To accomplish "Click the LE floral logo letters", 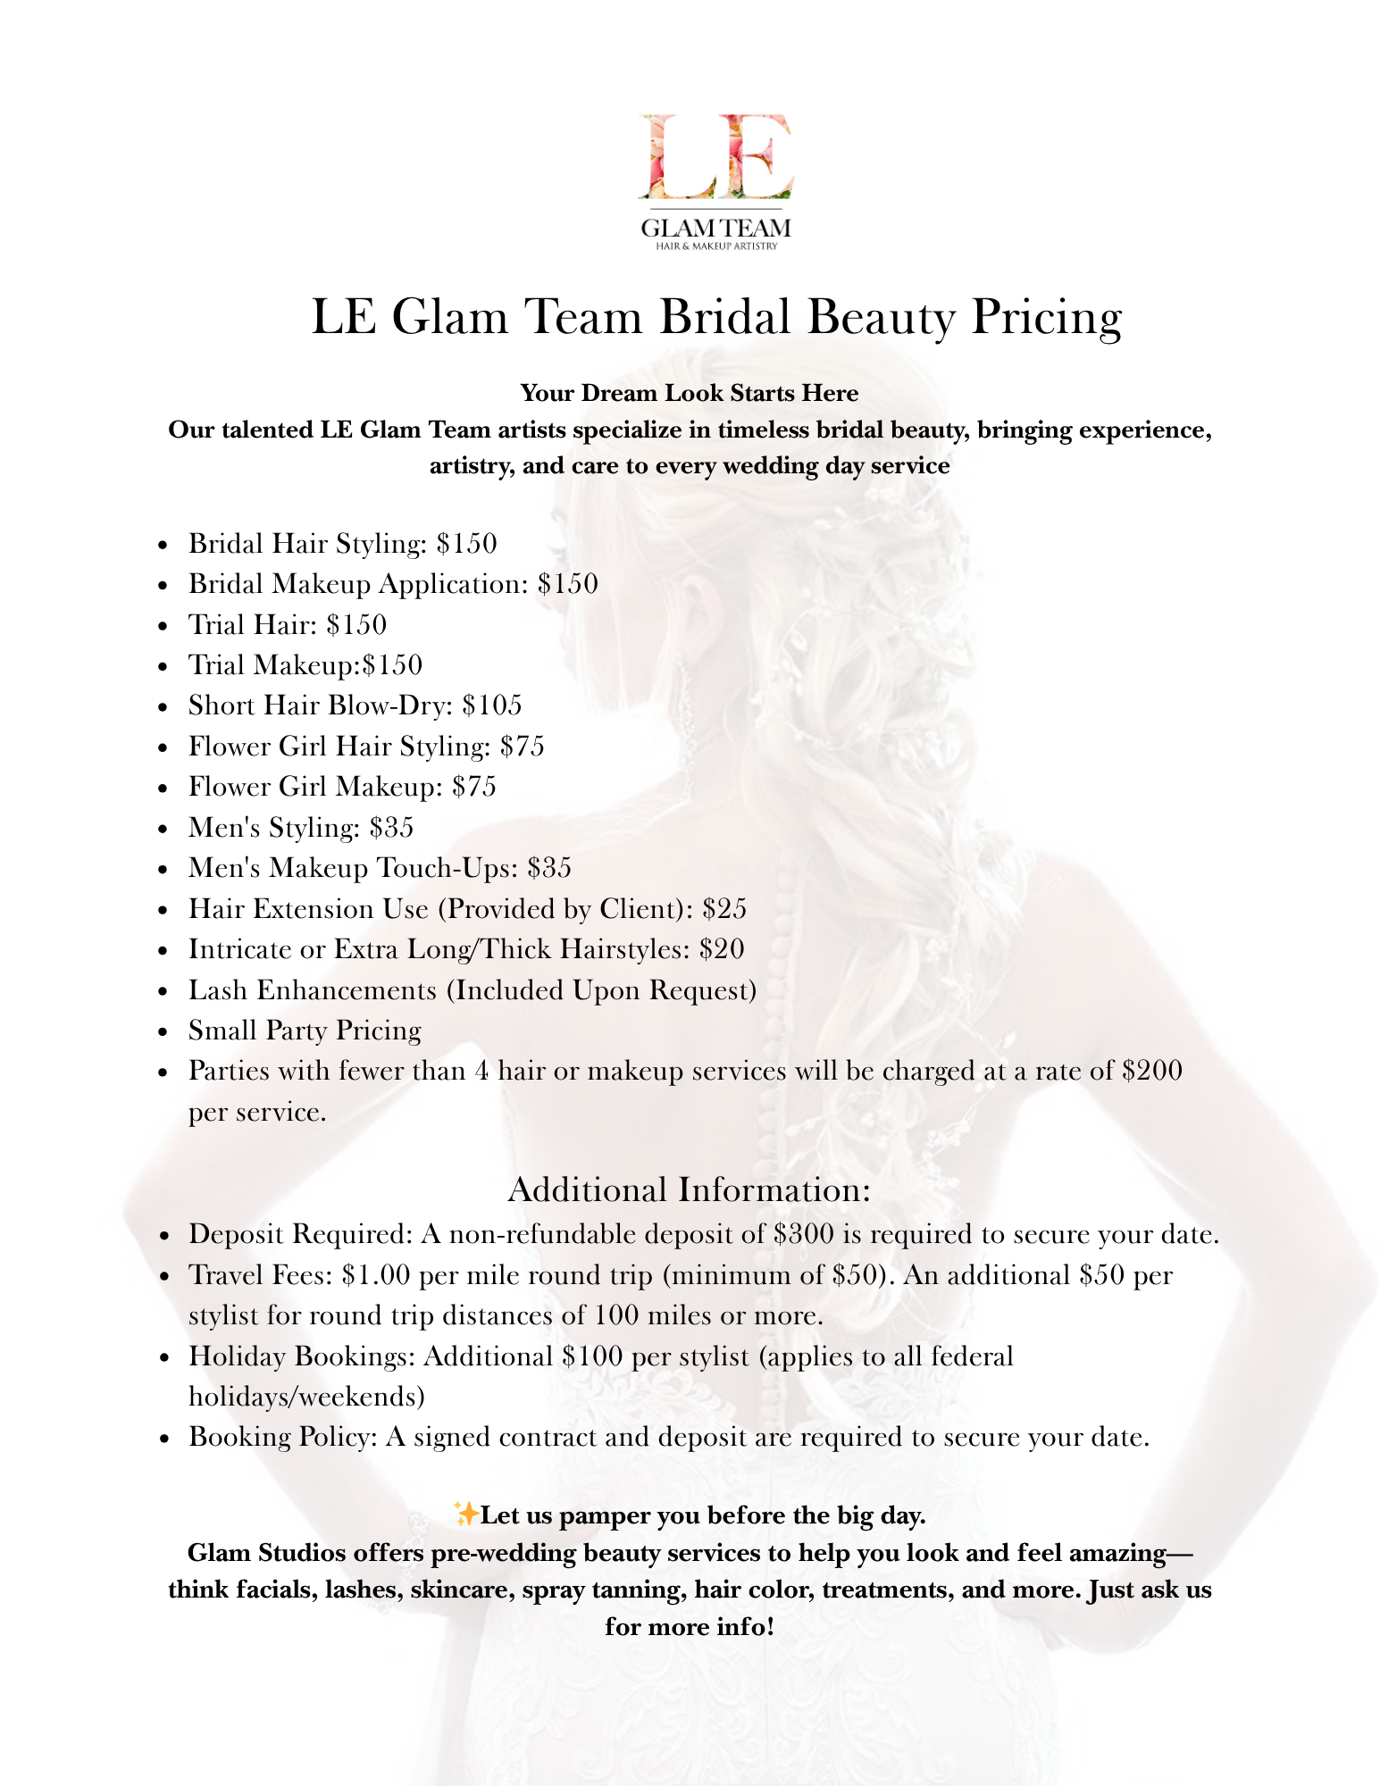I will (715, 156).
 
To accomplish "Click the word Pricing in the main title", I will (1046, 317).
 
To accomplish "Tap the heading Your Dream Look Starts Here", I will (689, 393).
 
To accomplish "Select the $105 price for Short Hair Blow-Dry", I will (492, 705).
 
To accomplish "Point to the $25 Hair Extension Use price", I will (724, 909).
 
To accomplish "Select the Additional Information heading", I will (689, 1190).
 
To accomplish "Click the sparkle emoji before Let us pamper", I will (466, 1515).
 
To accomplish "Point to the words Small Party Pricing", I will (305, 1031).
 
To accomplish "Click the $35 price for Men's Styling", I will (391, 828).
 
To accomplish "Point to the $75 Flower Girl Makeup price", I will (473, 787).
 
